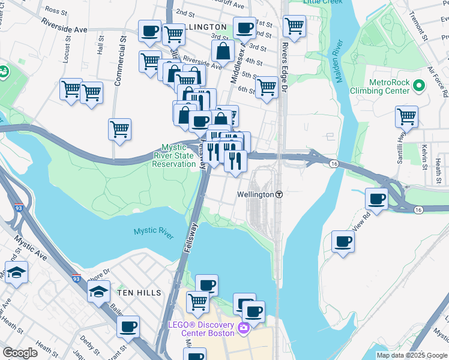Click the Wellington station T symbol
pos(279,195)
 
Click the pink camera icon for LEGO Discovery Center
pos(244,328)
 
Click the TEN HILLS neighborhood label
pos(139,292)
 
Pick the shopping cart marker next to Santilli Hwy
pos(406,116)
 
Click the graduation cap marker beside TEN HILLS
pos(98,292)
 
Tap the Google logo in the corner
pos(20,352)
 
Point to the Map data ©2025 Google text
pos(412,355)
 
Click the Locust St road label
pos(67,53)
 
